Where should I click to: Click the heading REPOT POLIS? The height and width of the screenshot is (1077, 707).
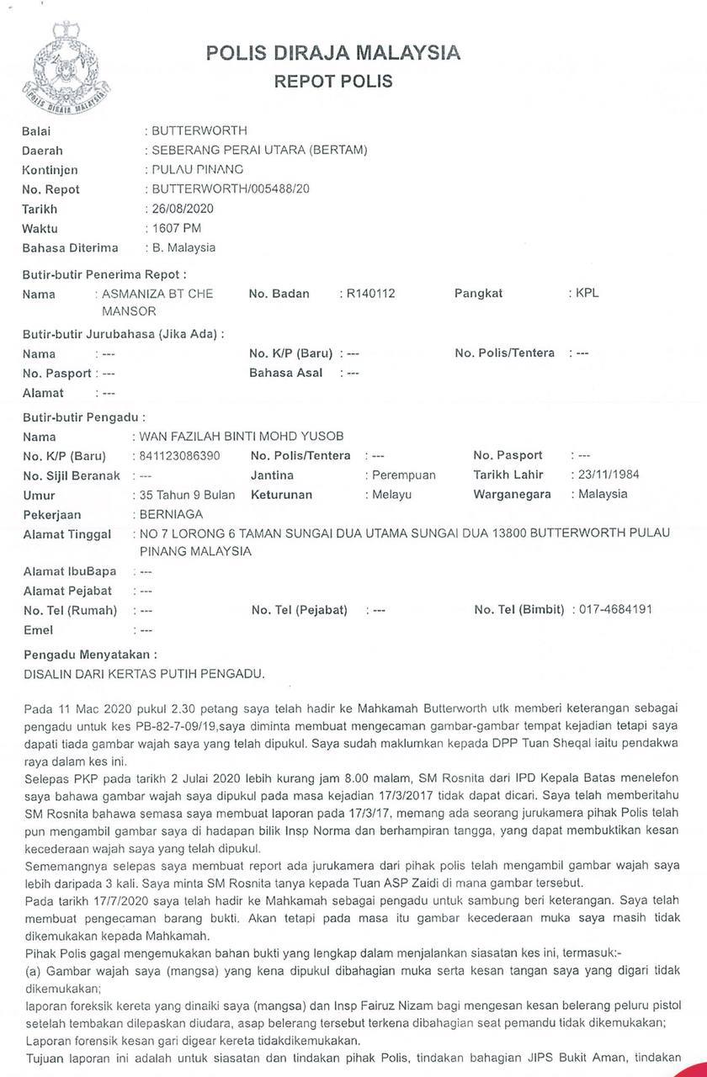pyautogui.click(x=333, y=82)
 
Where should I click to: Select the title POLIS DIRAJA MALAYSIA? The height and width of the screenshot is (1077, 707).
pyautogui.click(x=333, y=54)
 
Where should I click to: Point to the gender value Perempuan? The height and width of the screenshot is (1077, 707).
pyautogui.click(x=404, y=475)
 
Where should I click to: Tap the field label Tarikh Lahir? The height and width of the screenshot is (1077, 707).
pyautogui.click(x=508, y=475)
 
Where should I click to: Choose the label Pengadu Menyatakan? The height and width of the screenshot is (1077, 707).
pyautogui.click(x=89, y=654)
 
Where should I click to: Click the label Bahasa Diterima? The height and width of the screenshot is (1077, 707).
pyautogui.click(x=70, y=247)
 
